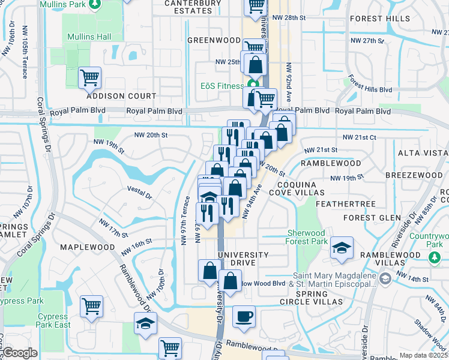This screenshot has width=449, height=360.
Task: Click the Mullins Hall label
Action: pyautogui.click(x=88, y=37)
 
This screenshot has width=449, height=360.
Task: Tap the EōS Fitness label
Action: pyautogui.click(x=221, y=85)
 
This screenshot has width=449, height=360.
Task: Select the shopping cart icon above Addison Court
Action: pyautogui.click(x=89, y=77)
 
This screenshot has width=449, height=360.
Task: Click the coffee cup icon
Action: pyautogui.click(x=243, y=317)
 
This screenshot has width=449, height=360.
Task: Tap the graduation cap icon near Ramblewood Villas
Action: pyautogui.click(x=342, y=248)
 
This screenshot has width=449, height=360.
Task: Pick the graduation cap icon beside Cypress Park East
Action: pyautogui.click(x=145, y=323)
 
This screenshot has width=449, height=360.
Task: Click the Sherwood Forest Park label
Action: pyautogui.click(x=306, y=237)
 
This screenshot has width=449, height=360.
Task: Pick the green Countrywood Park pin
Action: pyautogui.click(x=434, y=256)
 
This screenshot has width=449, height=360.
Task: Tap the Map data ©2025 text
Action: pyautogui.click(x=423, y=355)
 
